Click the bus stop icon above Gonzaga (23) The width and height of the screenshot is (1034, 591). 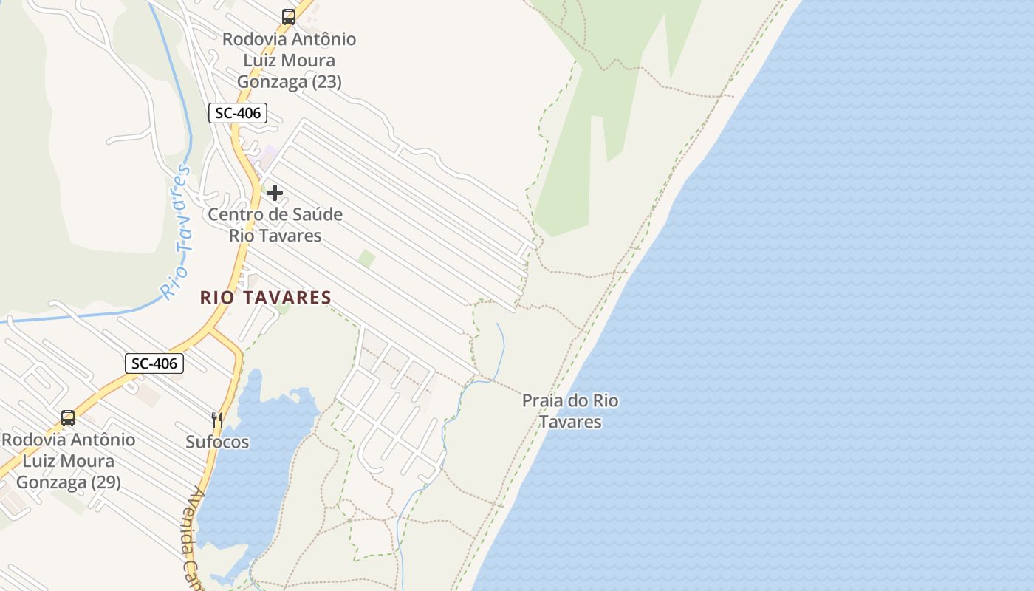pyautogui.click(x=289, y=16)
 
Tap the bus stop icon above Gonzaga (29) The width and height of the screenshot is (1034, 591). pyautogui.click(x=68, y=418)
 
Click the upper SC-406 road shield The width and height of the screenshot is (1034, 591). pyautogui.click(x=237, y=113)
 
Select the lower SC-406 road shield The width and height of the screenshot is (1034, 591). pyautogui.click(x=154, y=363)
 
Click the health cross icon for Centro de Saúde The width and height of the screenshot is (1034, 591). pyautogui.click(x=275, y=193)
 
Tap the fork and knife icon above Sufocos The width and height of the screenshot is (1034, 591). pyautogui.click(x=217, y=420)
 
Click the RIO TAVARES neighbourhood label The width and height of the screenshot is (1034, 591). pyautogui.click(x=266, y=298)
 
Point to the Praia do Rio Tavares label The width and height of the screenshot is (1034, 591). pyautogui.click(x=570, y=411)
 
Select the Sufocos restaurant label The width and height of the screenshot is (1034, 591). pyautogui.click(x=217, y=443)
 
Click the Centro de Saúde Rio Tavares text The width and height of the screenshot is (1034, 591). pyautogui.click(x=275, y=225)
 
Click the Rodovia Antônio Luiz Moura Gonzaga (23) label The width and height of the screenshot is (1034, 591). pyautogui.click(x=289, y=60)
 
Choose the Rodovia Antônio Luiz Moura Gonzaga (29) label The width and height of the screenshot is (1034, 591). pyautogui.click(x=68, y=461)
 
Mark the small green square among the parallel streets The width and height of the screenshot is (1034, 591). pyautogui.click(x=366, y=259)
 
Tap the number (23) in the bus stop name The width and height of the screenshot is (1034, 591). pyautogui.click(x=326, y=81)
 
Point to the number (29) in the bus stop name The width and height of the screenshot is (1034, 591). pyautogui.click(x=106, y=482)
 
